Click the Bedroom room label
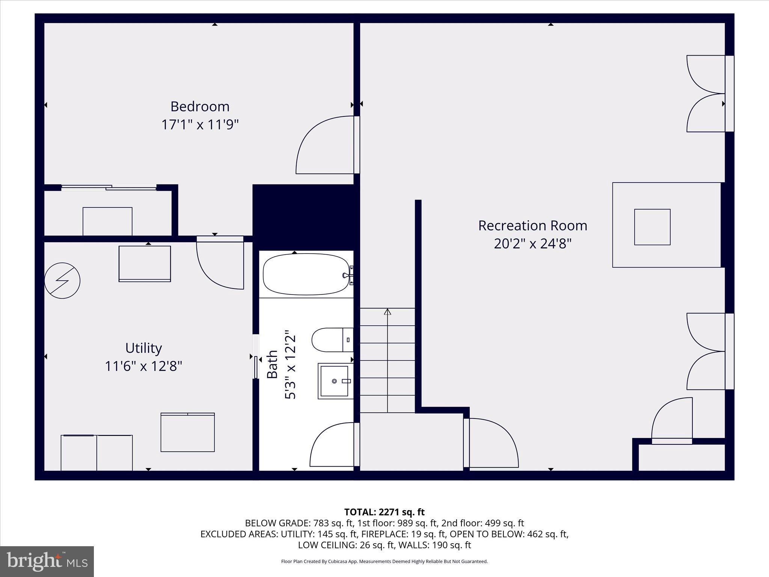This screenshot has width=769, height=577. [200, 107]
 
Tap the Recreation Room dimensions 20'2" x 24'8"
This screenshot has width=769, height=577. [532, 244]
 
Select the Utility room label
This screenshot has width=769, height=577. [143, 348]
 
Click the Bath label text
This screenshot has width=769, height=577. [272, 364]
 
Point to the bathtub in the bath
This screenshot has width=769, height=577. [306, 275]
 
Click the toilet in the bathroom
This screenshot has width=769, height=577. [330, 340]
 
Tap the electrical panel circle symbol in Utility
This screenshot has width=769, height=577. [62, 281]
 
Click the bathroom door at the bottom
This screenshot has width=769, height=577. [332, 445]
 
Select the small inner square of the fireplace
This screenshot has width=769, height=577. [652, 227]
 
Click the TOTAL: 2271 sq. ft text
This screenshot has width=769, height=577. [384, 512]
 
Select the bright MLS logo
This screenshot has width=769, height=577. [47, 561]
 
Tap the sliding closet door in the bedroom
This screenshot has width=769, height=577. [109, 187]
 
